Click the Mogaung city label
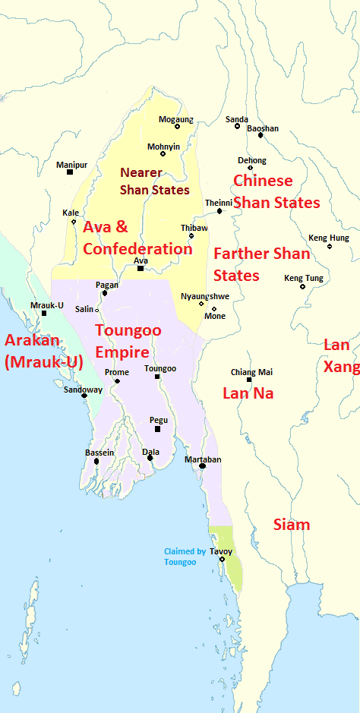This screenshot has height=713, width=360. pyautogui.click(x=175, y=119)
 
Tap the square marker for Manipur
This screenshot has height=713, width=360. pyautogui.click(x=70, y=172)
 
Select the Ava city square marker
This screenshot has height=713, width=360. pyautogui.click(x=141, y=268)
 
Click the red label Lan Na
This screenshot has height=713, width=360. pyautogui.click(x=248, y=393)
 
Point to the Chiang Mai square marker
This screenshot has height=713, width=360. pyautogui.click(x=249, y=380)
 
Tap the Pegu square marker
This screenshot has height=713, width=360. pyautogui.click(x=158, y=429)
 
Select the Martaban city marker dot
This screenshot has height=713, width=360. pyautogui.click(x=203, y=465)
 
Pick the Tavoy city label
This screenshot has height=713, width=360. pyautogui.click(x=221, y=551)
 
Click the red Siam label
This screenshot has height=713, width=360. pyautogui.click(x=292, y=525)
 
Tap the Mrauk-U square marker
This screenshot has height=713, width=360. pyautogui.click(x=44, y=313)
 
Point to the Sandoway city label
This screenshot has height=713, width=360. pyautogui.click(x=83, y=390)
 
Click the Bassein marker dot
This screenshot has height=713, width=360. pyautogui.click(x=96, y=461)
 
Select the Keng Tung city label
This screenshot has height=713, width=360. pyautogui.click(x=303, y=278)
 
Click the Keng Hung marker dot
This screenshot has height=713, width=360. pyautogui.click(x=330, y=246)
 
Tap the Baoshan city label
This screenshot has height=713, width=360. pyautogui.click(x=263, y=128)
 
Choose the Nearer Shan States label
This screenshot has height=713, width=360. pyautogui.click(x=154, y=181)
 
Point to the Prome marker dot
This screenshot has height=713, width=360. pyautogui.click(x=117, y=381)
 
